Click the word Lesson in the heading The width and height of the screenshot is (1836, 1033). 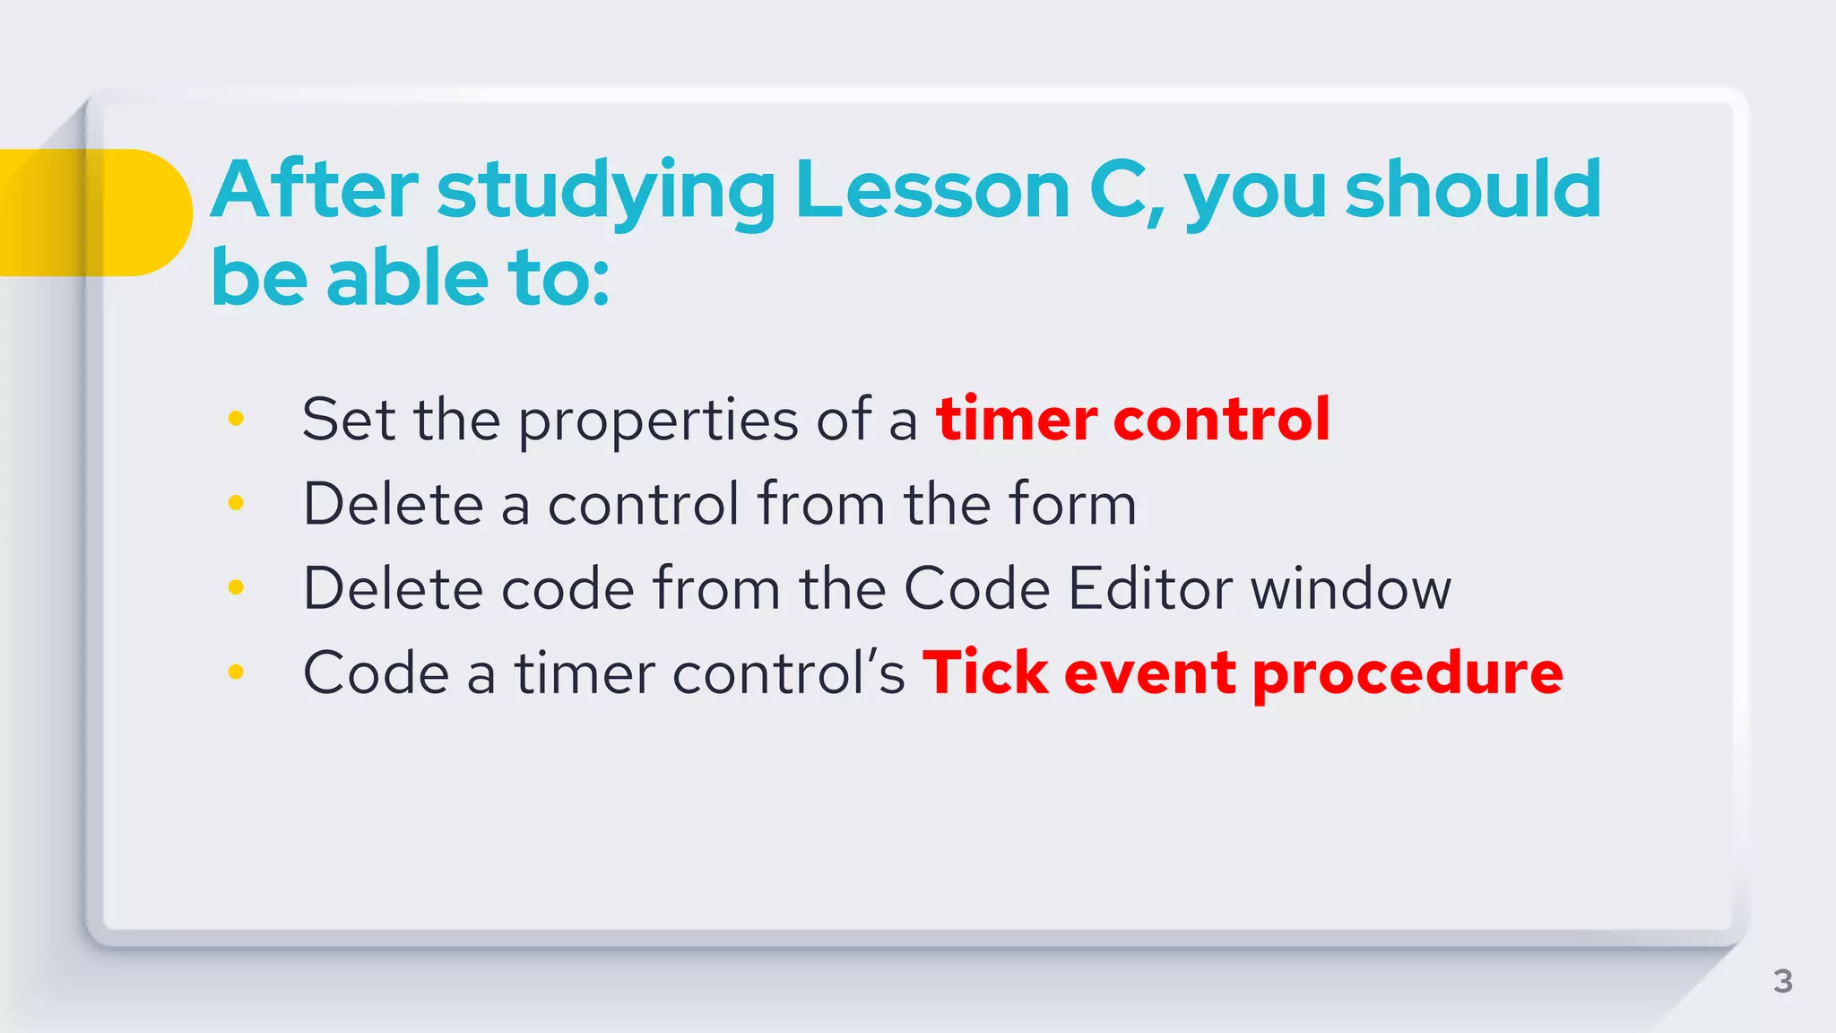tap(932, 190)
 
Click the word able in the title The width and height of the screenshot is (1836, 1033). tap(407, 278)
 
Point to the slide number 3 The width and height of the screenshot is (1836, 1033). tap(1782, 981)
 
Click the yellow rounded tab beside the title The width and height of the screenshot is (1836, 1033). tap(94, 213)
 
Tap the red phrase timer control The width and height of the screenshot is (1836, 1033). tap(1132, 419)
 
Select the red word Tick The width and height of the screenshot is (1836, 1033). tap(985, 673)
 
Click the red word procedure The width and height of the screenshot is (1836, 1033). tap(1407, 674)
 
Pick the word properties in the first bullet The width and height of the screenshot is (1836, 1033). tap(658, 421)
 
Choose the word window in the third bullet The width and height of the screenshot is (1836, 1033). tap(1350, 589)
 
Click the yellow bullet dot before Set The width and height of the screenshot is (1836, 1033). tap(236, 418)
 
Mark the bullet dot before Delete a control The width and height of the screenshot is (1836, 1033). tap(236, 503)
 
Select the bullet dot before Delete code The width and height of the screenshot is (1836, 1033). tap(236, 587)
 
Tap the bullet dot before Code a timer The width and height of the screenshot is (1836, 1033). tap(236, 672)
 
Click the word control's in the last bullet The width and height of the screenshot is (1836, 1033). tap(788, 673)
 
